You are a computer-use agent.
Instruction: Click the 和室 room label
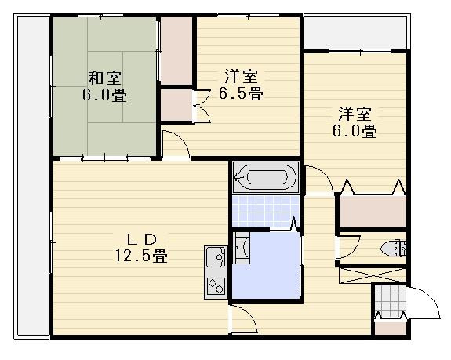click(104, 78)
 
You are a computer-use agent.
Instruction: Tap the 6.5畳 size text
click(241, 93)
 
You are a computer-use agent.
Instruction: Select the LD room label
click(142, 239)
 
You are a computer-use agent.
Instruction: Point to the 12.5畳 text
click(141, 256)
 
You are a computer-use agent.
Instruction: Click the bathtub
click(266, 177)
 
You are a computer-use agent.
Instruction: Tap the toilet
click(394, 248)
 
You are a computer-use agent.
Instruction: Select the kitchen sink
click(216, 256)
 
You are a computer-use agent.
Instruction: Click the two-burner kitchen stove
click(216, 285)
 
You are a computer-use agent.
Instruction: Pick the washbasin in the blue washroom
click(242, 248)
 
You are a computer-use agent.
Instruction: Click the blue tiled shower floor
click(265, 211)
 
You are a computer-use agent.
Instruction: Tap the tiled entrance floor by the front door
click(391, 300)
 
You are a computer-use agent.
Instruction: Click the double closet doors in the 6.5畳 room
click(202, 107)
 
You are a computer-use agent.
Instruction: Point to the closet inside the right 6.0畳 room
click(373, 212)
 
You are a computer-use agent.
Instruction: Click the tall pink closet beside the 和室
click(176, 51)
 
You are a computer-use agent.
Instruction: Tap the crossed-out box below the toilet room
click(373, 275)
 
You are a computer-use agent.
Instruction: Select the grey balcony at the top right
click(355, 32)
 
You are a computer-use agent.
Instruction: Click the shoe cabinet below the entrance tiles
click(391, 327)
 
